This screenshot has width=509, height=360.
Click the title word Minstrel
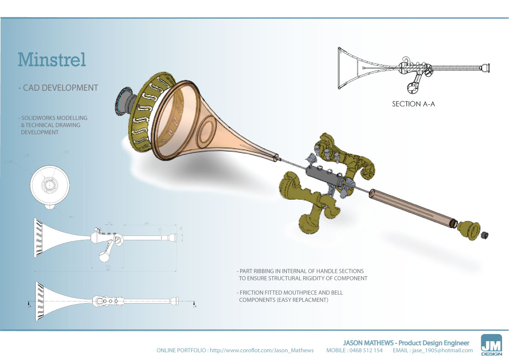pos(52,59)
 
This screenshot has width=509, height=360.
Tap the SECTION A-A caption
pos(413,104)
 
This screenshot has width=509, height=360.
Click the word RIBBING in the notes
pos(268,271)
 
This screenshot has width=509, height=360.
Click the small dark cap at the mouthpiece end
pos(485,235)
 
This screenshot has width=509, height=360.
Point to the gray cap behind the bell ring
pos(124,101)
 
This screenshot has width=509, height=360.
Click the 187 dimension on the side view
pos(146,223)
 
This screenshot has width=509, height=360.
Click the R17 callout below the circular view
pos(71,217)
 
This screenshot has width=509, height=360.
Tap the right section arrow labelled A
pos(195,306)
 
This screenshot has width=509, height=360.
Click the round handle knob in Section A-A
pos(412,88)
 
